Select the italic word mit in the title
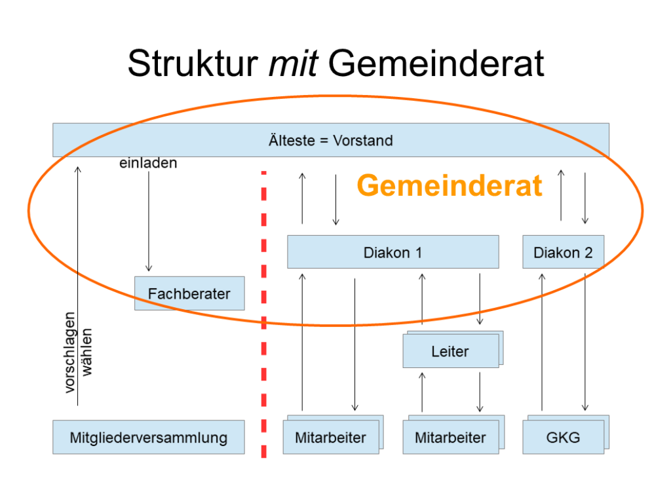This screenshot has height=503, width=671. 292,64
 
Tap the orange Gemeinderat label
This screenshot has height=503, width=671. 450,187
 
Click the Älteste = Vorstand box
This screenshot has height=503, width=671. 330,140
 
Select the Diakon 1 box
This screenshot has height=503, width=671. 393,252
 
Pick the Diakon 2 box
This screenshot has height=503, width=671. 563,252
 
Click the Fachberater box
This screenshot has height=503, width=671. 189,293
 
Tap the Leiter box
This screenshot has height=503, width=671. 450,352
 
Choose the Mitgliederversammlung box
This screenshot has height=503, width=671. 148,438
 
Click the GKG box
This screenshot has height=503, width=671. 563,438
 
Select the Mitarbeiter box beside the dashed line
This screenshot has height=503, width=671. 330,438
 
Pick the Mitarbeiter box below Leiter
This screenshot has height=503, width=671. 450,438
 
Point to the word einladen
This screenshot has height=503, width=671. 148,163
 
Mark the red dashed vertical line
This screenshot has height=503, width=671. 264,314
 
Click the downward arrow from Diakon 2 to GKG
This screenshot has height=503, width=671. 585,341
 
